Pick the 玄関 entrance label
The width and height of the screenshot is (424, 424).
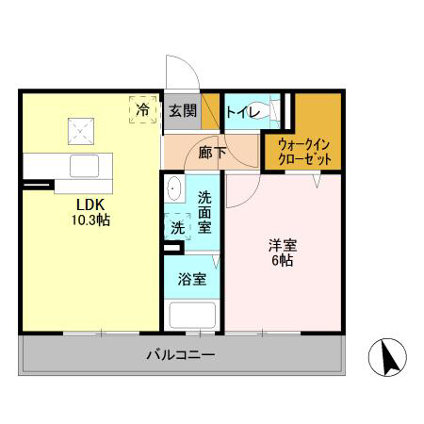click(182, 110)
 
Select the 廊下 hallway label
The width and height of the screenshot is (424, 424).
click(210, 151)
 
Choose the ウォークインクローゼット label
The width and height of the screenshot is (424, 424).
click(303, 151)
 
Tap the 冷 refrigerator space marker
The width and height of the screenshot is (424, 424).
click(142, 110)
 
